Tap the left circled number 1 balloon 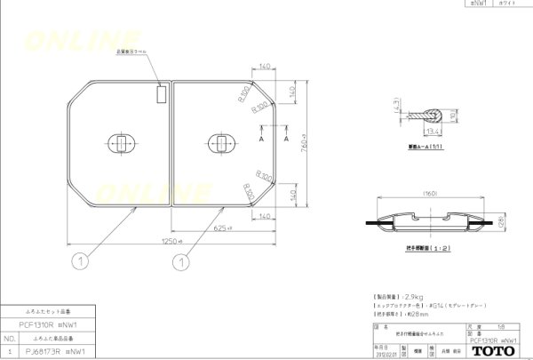pos(81,261)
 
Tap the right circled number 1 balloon pos(179,261)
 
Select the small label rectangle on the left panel pos(161,92)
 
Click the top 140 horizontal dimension pos(265,68)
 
